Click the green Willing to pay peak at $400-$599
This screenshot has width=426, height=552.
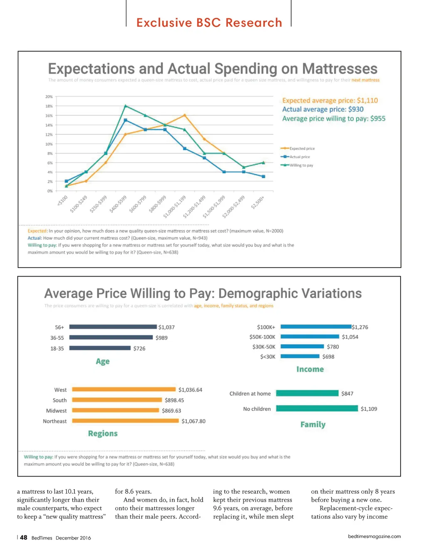126,106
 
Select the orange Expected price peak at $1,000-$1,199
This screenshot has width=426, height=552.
185,115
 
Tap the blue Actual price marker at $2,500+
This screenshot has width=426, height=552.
263,176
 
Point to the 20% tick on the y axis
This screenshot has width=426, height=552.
49,97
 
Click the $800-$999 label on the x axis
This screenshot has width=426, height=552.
158,204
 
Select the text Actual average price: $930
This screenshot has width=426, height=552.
323,109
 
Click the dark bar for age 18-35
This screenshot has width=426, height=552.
100,348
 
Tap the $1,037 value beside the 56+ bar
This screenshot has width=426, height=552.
166,327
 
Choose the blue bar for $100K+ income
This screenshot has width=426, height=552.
316,327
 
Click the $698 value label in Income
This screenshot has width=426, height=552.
328,357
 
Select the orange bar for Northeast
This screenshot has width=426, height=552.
125,421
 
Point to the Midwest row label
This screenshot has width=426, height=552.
56,411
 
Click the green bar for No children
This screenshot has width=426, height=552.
317,408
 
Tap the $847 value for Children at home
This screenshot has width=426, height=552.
347,393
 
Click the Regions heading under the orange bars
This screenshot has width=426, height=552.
103,433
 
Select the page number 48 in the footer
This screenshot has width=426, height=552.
24,537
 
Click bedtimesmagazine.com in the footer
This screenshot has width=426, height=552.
374,536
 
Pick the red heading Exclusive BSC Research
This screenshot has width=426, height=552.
209,22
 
